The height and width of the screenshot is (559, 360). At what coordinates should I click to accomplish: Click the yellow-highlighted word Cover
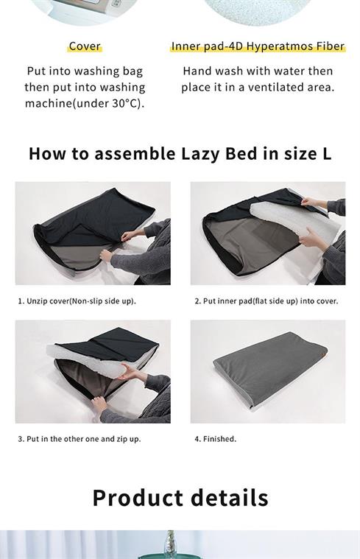tap(85, 46)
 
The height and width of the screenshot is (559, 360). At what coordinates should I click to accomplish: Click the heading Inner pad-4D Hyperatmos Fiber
tap(258, 46)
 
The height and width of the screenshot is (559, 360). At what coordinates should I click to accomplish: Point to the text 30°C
tap(126, 103)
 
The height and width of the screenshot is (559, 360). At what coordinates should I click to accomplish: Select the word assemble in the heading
tap(135, 154)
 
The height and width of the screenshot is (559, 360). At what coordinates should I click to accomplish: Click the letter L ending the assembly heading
tap(326, 154)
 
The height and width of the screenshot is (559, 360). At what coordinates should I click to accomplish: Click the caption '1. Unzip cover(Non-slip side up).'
tap(77, 301)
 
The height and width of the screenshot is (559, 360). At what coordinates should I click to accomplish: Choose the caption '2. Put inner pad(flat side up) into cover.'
tap(267, 301)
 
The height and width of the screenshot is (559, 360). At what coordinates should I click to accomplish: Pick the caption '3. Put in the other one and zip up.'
tap(80, 439)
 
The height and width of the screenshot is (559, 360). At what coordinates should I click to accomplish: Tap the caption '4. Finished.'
tap(215, 439)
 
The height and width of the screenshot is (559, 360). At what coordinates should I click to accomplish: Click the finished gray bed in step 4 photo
tap(270, 371)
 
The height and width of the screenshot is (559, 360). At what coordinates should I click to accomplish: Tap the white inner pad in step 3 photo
tap(89, 361)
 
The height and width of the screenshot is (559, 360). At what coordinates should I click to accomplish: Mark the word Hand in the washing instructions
tap(195, 71)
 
